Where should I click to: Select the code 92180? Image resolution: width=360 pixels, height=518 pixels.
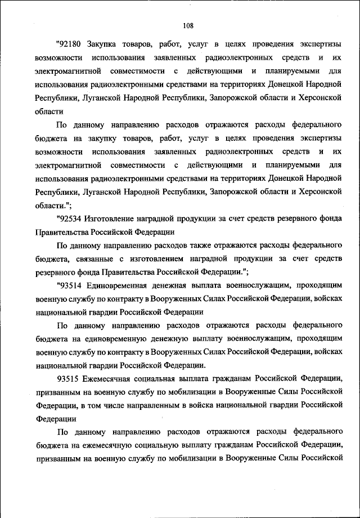(71, 44)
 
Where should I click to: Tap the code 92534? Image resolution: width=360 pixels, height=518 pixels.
(71, 218)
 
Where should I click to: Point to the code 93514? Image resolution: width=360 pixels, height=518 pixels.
(71, 285)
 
